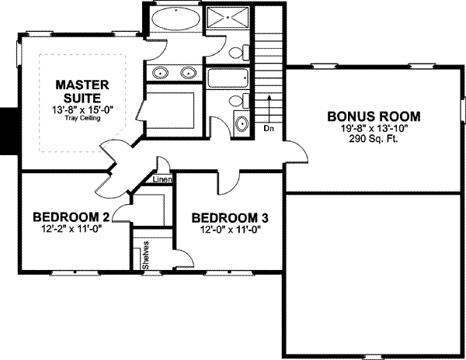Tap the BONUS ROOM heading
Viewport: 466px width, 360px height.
click(374, 116)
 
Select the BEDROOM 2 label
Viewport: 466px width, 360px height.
click(70, 216)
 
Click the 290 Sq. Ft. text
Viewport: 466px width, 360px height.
click(374, 141)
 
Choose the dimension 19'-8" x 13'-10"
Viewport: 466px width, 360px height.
click(374, 130)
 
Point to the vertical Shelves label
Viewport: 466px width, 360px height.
click(145, 254)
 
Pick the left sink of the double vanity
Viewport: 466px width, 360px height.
click(162, 74)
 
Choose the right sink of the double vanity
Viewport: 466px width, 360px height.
click(188, 74)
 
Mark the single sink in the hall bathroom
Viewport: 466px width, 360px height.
click(242, 123)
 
